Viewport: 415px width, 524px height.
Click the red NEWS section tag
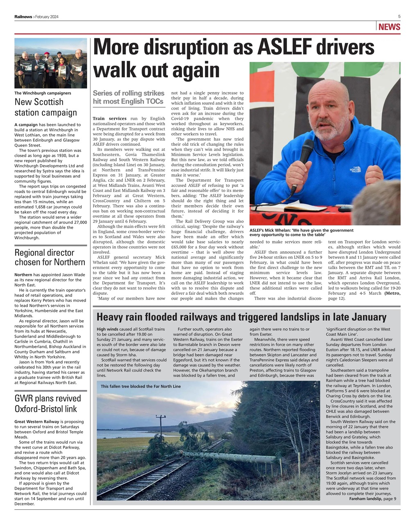(389, 27)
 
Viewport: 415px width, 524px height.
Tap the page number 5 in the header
(399, 16)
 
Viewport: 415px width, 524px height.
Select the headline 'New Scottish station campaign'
(45, 107)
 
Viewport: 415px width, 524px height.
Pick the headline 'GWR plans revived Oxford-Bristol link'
(48, 403)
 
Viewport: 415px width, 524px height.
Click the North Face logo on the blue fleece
(354, 169)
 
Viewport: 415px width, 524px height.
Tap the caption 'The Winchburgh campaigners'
(43, 93)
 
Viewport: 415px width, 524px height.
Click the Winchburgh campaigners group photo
(50, 63)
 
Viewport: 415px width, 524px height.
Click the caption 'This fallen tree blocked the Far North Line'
(140, 386)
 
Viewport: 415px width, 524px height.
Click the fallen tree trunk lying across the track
(229, 456)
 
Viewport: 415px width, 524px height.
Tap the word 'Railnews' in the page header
(24, 16)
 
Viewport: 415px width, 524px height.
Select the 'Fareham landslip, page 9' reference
(372, 499)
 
